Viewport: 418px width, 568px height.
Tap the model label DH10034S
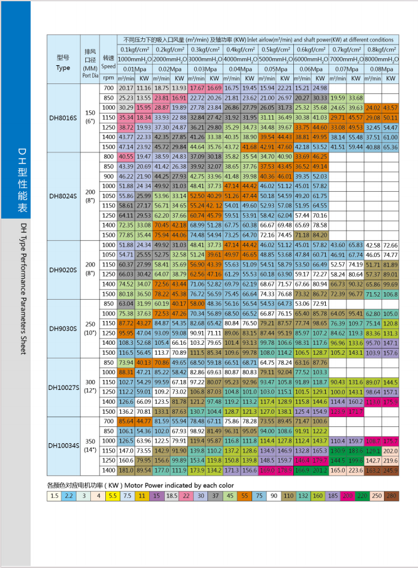pos(63,446)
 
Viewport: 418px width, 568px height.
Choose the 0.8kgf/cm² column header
pos(382,49)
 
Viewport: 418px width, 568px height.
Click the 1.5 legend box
pos(55,496)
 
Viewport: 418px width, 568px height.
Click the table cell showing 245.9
pos(390,470)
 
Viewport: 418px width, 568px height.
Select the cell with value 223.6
pos(355,470)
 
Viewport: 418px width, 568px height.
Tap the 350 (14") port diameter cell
pos(90,446)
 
